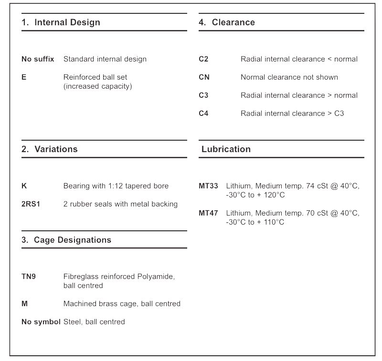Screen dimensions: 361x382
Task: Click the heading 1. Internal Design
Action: click(x=61, y=22)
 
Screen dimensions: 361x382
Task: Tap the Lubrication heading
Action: click(x=226, y=149)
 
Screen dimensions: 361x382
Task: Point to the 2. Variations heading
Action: click(x=49, y=149)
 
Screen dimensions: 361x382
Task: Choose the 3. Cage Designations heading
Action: click(x=66, y=240)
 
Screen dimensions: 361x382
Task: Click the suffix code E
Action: click(x=24, y=77)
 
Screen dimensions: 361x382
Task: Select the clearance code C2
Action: click(x=203, y=59)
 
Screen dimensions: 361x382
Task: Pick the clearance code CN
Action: click(x=204, y=77)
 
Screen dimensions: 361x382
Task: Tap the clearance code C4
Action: click(x=203, y=113)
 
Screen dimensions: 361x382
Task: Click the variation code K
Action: click(x=24, y=186)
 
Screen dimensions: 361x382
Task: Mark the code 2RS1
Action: click(x=31, y=204)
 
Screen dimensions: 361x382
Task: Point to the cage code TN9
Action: click(x=29, y=277)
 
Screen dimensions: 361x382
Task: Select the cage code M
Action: click(x=24, y=304)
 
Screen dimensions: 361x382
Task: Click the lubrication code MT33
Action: click(x=208, y=186)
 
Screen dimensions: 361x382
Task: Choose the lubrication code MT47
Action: click(x=208, y=213)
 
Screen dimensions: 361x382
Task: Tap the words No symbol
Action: click(x=41, y=322)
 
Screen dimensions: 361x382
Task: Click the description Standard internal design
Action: click(x=105, y=59)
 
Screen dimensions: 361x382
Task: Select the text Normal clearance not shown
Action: click(x=289, y=77)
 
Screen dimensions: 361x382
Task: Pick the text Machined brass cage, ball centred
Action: click(x=122, y=304)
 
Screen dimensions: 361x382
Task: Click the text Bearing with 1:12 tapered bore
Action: click(x=116, y=186)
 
